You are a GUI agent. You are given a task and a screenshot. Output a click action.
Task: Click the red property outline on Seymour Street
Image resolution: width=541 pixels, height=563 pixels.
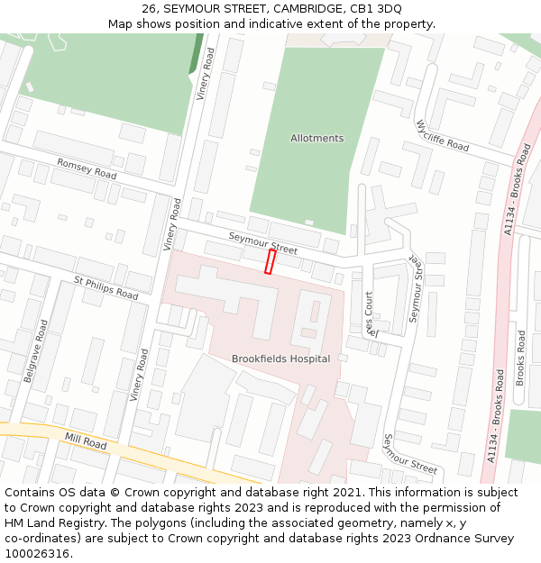(x=269, y=262)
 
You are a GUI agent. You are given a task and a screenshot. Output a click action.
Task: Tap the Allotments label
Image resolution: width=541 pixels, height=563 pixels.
(x=316, y=139)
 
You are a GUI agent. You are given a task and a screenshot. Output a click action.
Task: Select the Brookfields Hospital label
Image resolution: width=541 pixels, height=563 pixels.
(x=280, y=359)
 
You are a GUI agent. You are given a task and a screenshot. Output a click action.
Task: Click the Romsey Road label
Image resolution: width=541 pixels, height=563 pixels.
(x=87, y=168)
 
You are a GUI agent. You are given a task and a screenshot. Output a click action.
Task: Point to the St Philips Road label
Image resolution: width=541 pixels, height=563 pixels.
(x=106, y=288)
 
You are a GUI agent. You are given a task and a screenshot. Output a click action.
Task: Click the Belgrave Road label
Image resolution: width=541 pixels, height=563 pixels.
(x=34, y=350)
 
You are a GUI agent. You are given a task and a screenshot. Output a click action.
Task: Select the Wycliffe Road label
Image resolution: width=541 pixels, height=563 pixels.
(x=443, y=135)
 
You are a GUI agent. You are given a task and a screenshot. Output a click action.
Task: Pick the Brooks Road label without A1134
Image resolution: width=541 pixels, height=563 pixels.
(x=520, y=358)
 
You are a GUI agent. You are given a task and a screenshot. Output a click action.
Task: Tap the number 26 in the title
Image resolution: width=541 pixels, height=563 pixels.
(x=149, y=8)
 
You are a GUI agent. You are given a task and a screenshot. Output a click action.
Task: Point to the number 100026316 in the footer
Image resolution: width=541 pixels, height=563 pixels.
(x=38, y=554)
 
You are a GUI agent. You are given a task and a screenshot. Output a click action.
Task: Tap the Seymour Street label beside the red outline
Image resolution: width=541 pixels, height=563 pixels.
(x=262, y=242)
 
